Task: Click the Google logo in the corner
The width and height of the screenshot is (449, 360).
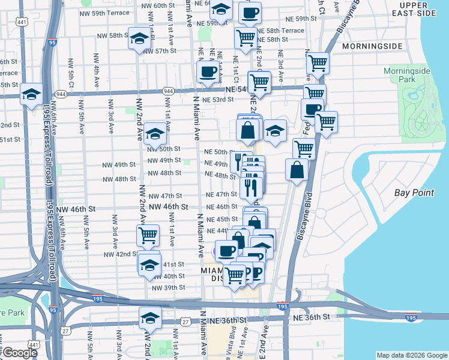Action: [20, 353]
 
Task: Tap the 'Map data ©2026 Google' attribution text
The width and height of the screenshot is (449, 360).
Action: [411, 355]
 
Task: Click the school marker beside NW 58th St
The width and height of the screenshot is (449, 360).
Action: [139, 40]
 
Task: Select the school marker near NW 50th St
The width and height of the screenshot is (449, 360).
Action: [155, 134]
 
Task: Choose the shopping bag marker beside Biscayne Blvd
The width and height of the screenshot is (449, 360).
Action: [297, 170]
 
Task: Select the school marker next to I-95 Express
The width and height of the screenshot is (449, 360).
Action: [31, 94]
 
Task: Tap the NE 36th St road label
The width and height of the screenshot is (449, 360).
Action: [310, 316]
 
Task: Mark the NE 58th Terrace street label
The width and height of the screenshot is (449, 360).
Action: [280, 31]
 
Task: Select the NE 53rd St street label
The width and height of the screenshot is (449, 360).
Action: [218, 100]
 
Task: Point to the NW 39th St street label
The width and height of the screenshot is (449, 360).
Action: [168, 287]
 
